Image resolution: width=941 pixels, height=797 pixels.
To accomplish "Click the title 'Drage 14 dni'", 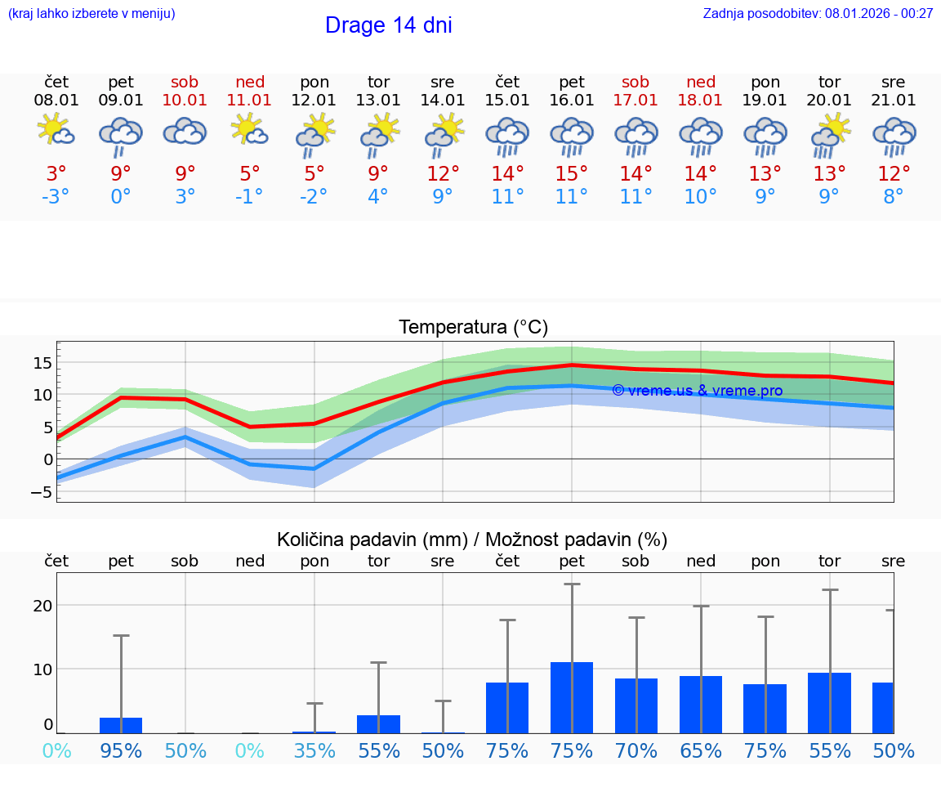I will [x=388, y=25].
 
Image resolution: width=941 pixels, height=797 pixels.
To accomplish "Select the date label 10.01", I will [x=185, y=100].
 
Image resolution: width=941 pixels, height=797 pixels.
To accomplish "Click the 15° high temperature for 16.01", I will [x=571, y=173].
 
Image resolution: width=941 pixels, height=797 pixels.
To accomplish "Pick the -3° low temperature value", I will [x=56, y=196].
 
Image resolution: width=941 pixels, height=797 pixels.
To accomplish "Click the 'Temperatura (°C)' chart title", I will [x=473, y=328].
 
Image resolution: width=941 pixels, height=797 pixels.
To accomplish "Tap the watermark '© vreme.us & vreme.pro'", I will [x=697, y=391].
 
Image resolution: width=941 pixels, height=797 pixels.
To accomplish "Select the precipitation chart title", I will [x=472, y=540].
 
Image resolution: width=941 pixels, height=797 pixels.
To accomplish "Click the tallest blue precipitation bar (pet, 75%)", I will [x=571, y=697].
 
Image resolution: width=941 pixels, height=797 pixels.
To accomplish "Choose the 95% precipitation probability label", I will [x=121, y=750].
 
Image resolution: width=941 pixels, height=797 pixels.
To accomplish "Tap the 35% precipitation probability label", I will [x=314, y=750].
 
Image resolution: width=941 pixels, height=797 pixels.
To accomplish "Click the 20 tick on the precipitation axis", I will [x=43, y=606].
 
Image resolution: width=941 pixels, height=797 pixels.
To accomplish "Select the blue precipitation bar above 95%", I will [x=121, y=725].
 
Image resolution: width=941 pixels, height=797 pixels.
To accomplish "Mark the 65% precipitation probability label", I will [x=701, y=750].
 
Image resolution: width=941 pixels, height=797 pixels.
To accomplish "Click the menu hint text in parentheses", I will [x=91, y=13].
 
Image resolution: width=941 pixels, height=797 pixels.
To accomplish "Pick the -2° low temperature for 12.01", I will [x=314, y=196].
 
